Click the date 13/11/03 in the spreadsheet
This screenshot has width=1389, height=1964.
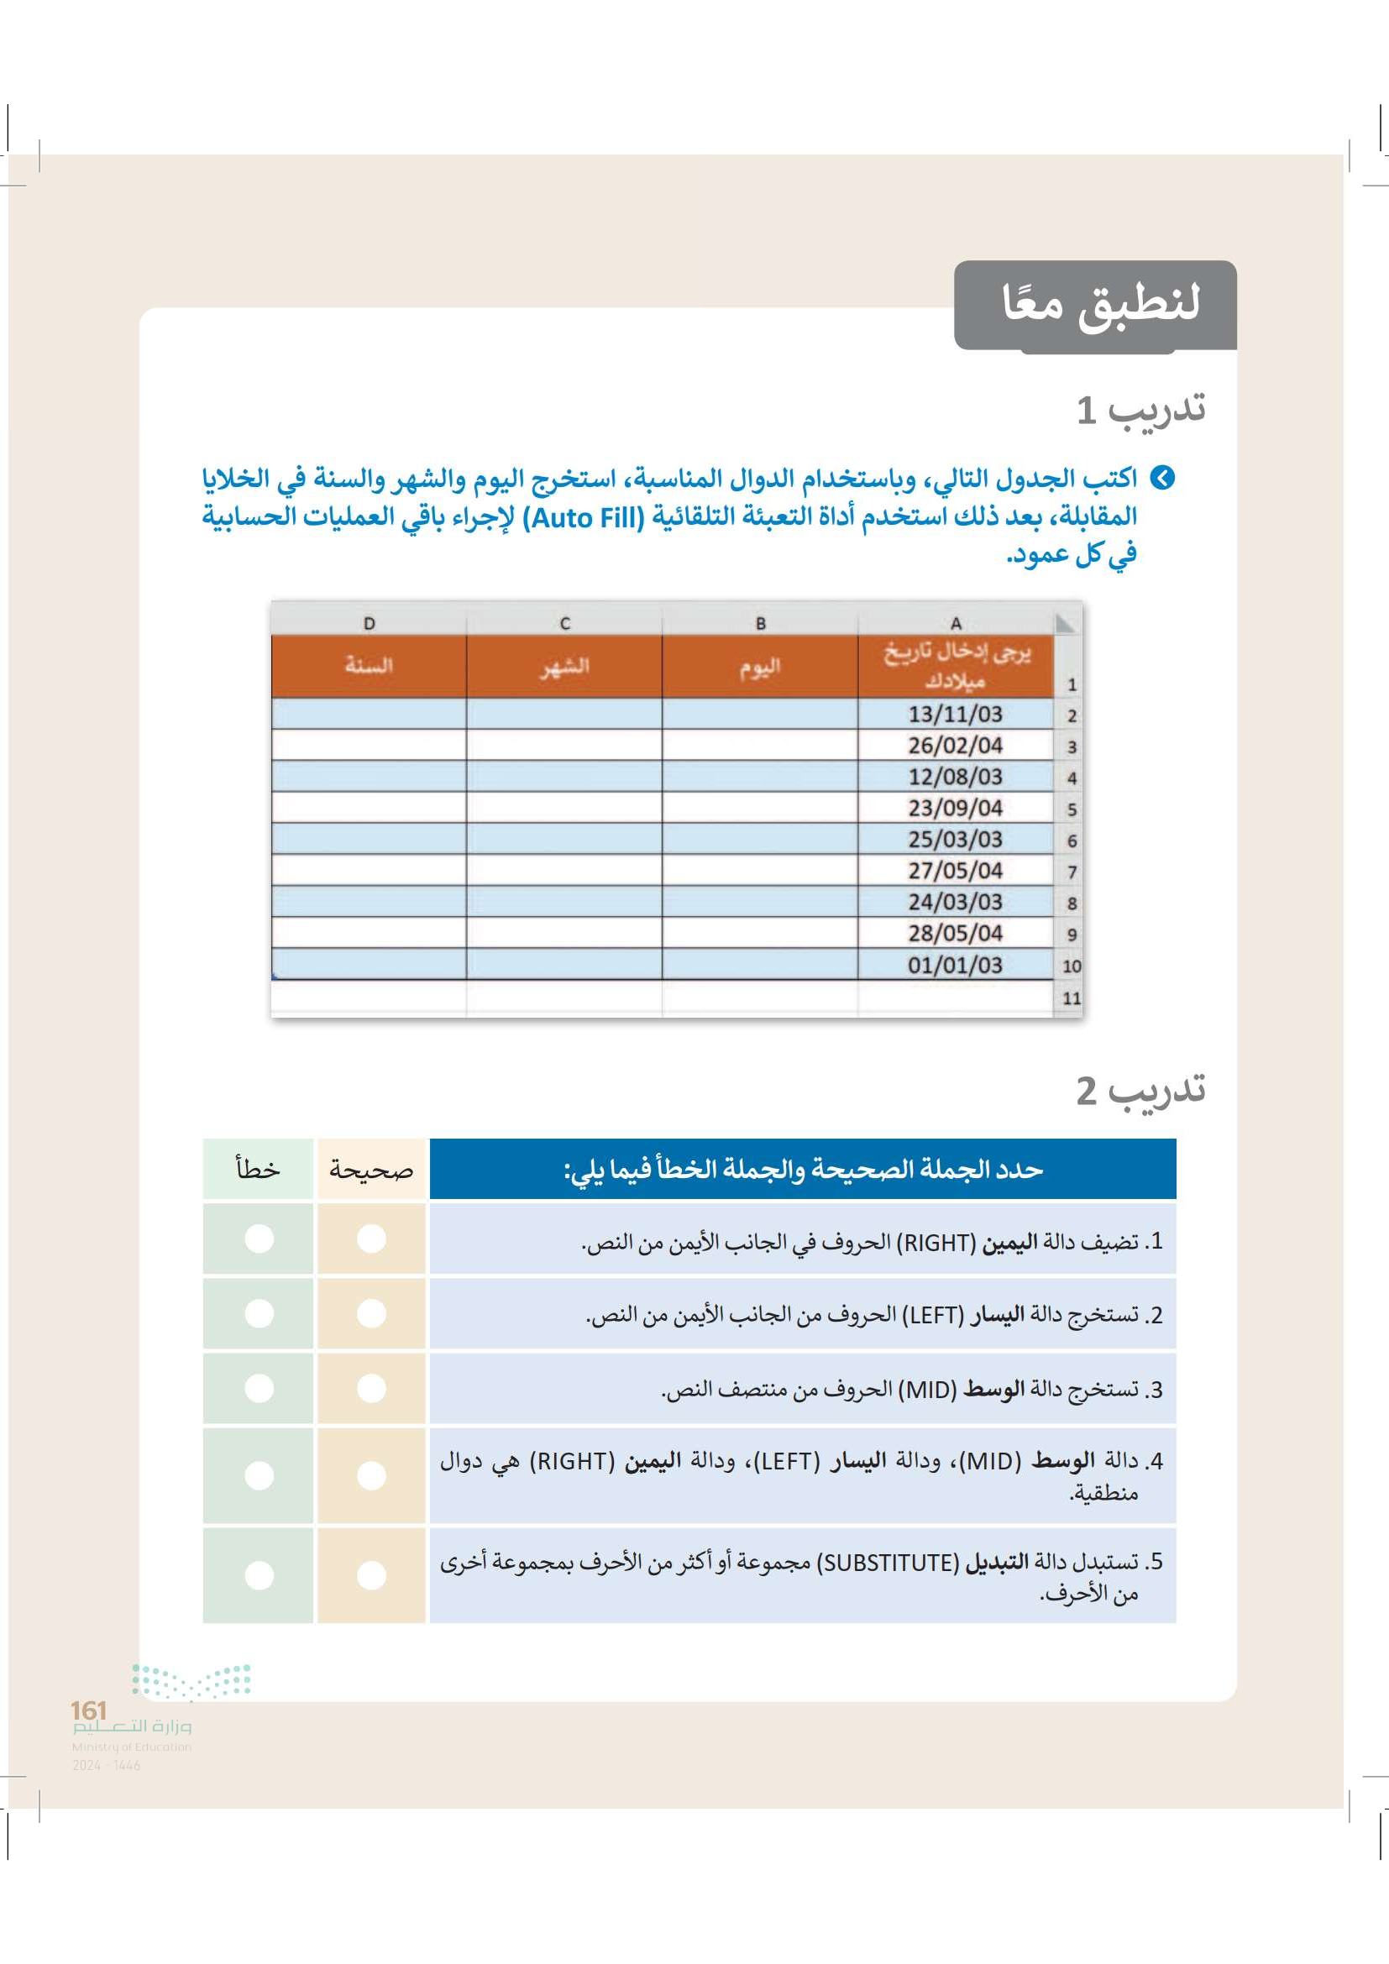(955, 715)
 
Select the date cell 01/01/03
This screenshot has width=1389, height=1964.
(955, 965)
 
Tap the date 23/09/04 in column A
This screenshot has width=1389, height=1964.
(955, 809)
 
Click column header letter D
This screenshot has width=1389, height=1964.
(369, 624)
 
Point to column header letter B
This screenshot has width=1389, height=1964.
(760, 624)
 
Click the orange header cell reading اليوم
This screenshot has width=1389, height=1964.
(760, 668)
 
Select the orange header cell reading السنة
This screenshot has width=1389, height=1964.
(369, 666)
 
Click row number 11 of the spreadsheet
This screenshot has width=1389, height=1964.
(1071, 998)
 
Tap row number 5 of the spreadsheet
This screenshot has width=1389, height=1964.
(1071, 810)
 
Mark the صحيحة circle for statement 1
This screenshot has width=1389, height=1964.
(371, 1239)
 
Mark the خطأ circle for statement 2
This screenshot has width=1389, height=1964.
(259, 1313)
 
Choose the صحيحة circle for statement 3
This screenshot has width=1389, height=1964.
(371, 1387)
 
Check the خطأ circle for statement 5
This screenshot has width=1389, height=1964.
(259, 1574)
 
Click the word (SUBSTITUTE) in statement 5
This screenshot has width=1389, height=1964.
(888, 1563)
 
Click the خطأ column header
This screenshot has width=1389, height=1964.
(259, 1170)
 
